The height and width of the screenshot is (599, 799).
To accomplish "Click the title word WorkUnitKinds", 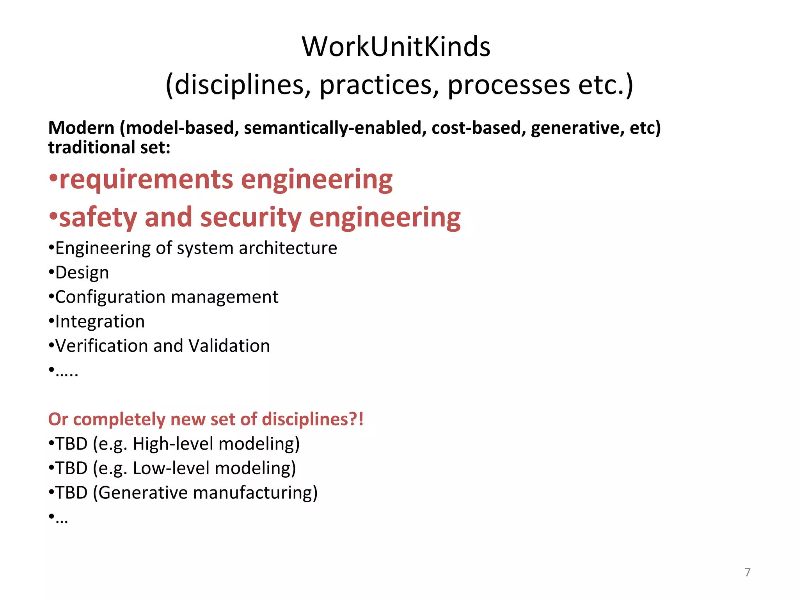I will (396, 47).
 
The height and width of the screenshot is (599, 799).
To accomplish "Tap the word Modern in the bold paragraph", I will (81, 128).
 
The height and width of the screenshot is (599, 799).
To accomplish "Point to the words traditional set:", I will (109, 147).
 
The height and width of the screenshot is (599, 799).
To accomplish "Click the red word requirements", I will (146, 179).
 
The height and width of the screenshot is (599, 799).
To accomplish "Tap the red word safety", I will (98, 217).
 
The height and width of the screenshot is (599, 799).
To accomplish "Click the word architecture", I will (288, 248).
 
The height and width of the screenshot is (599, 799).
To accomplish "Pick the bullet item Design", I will (82, 273).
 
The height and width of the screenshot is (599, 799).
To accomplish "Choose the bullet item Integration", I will (100, 322).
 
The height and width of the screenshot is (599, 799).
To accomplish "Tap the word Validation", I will (229, 346).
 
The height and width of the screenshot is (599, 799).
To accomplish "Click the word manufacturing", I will (255, 493).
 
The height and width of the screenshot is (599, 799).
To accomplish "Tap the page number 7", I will (748, 572).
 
